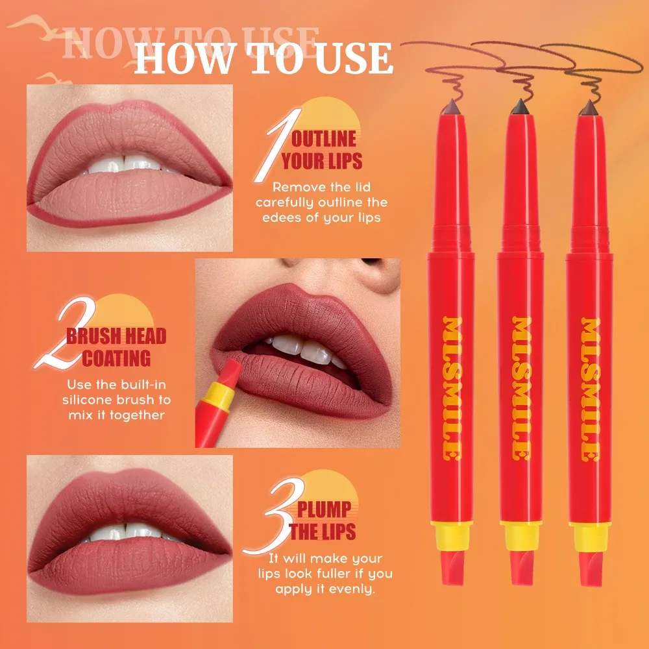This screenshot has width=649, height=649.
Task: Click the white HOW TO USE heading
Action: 263,58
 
